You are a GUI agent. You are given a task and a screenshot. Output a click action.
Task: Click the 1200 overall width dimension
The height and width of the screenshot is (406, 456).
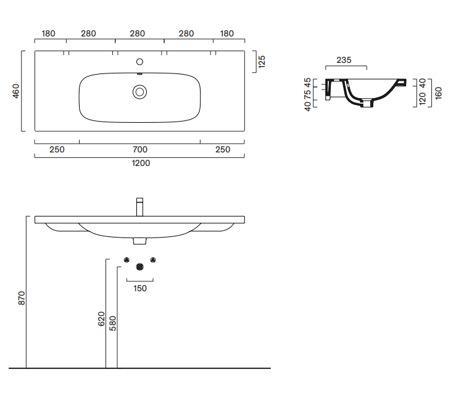tap(141, 163)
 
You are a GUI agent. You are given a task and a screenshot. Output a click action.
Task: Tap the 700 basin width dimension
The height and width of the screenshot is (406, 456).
tap(140, 149)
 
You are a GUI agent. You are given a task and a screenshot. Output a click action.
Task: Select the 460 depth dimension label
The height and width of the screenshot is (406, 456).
tap(15, 91)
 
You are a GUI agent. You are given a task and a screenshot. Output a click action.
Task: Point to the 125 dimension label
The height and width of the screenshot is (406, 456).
tap(262, 62)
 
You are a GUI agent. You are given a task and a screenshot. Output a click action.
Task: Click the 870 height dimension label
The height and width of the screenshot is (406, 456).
tap(22, 298)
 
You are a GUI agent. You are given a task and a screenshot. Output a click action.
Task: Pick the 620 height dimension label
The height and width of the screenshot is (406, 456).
tap(101, 319)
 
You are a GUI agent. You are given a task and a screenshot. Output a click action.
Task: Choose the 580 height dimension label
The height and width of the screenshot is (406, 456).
tap(112, 323)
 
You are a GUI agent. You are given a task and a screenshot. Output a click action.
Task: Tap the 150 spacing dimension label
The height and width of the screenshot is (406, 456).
tap(140, 289)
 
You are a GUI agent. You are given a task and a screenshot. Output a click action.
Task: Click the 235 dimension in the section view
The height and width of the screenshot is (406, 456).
tap(344, 60)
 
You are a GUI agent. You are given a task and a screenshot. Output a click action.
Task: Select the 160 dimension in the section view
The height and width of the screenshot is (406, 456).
tap(438, 93)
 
